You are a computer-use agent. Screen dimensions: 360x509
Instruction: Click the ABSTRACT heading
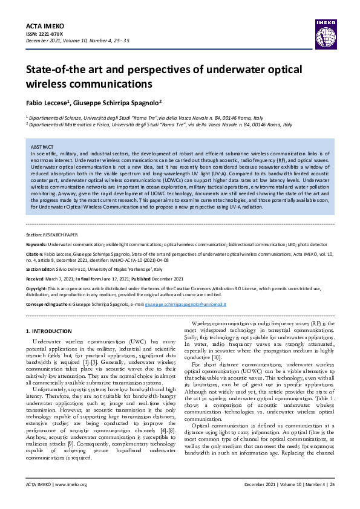[x=42, y=148]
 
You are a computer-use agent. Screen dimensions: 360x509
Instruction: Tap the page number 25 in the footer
[x=330, y=501]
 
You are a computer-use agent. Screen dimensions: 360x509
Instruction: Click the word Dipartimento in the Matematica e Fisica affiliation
[x=47, y=125]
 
